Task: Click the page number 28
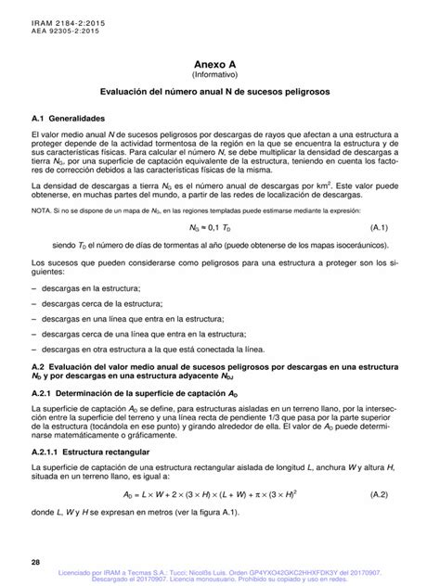click(35, 562)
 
